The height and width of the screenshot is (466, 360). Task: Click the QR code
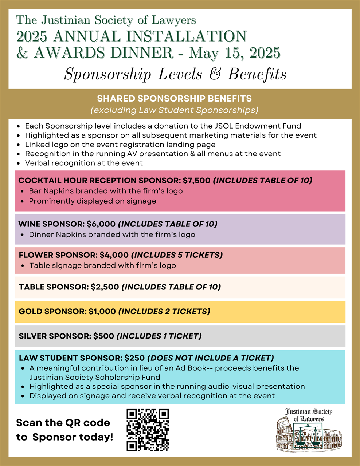[148, 430]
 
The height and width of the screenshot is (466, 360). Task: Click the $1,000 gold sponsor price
[102, 311]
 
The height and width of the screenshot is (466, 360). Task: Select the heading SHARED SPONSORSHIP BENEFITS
[175, 99]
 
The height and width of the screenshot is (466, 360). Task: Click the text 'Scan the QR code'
[63, 423]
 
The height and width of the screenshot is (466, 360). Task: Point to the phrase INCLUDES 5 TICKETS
[177, 255]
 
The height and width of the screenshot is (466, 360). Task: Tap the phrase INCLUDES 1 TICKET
[159, 336]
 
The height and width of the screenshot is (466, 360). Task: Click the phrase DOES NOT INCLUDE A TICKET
[211, 358]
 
